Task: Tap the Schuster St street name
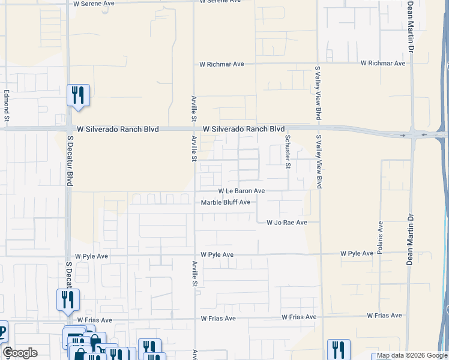click(x=288, y=152)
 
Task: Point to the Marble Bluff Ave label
click(x=225, y=203)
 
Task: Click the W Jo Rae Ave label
click(x=286, y=223)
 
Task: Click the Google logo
click(x=20, y=353)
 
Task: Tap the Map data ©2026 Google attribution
click(x=411, y=356)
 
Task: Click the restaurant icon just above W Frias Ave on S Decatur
click(x=68, y=299)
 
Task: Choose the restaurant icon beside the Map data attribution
click(x=339, y=349)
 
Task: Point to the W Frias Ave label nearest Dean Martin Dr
click(x=385, y=316)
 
